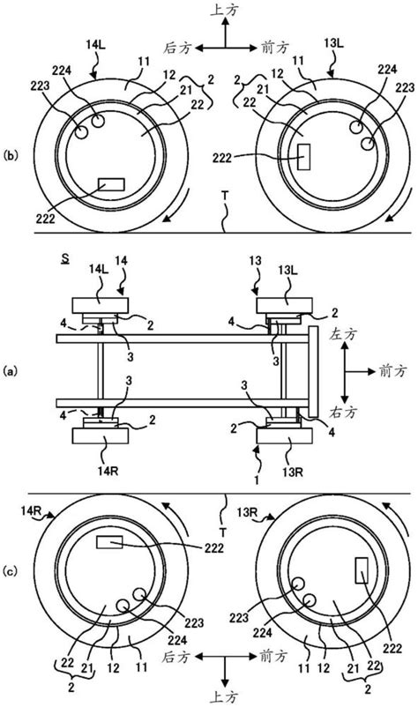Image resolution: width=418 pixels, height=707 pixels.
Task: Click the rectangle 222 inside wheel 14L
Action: click(x=111, y=184)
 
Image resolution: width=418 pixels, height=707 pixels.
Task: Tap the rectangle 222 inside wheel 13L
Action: click(x=304, y=157)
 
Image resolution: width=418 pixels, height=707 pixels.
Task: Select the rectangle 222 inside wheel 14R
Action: click(x=109, y=542)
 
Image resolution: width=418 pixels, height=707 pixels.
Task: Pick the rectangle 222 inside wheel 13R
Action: click(x=362, y=570)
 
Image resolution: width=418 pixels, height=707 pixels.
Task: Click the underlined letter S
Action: click(x=66, y=260)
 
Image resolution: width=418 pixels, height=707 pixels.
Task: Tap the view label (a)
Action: click(x=10, y=371)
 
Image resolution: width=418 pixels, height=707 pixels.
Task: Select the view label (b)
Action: click(x=10, y=155)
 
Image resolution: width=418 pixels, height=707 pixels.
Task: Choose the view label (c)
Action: click(x=10, y=572)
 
